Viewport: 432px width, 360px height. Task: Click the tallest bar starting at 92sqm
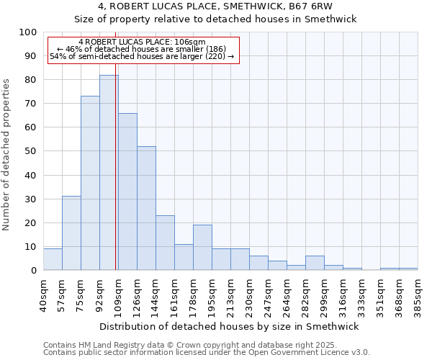(109, 173)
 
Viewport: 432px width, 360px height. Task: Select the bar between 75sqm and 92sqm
(90, 183)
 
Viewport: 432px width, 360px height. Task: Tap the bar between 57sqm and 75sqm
(71, 233)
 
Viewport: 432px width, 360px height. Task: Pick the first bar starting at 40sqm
(53, 259)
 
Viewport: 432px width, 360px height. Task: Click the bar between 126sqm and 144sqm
(146, 208)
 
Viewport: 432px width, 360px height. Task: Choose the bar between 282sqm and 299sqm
(315, 263)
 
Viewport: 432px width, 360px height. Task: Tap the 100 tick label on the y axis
(28, 32)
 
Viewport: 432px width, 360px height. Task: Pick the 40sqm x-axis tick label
(44, 292)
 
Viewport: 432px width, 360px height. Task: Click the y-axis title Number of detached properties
(6, 155)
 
